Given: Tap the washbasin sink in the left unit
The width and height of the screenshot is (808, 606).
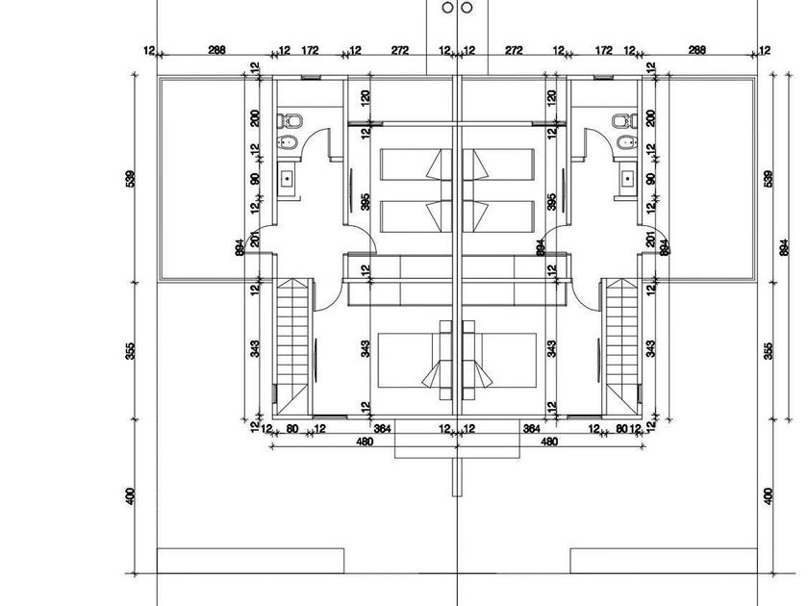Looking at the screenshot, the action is click(289, 178).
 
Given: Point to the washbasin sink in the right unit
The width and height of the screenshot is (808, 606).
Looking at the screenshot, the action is click(627, 178).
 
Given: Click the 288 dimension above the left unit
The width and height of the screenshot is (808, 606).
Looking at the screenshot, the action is click(217, 50).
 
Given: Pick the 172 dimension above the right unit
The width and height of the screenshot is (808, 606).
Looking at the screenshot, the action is click(604, 50).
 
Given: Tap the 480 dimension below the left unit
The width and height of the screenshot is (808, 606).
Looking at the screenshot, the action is click(365, 442).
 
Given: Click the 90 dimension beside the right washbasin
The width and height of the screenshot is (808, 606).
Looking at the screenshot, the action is click(651, 179).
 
